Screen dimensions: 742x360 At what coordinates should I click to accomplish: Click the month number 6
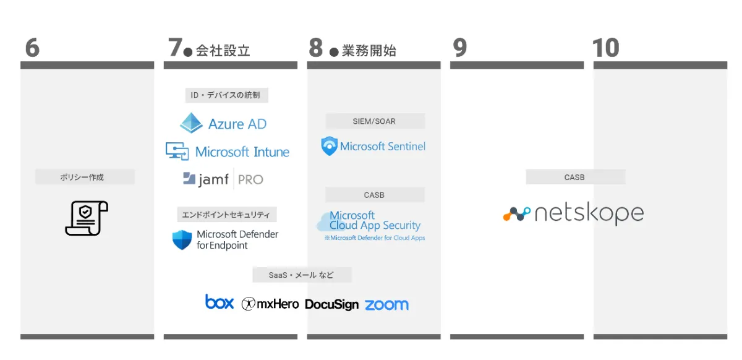[x=32, y=48]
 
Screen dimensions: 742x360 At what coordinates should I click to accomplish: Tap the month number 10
[x=605, y=48]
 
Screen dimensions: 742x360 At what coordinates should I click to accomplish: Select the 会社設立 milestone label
[x=223, y=51]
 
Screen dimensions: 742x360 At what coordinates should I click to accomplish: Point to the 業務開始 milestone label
[x=369, y=51]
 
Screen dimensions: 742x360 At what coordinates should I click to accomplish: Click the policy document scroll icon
[x=87, y=218]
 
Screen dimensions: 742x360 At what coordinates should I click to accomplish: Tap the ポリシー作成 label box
[x=85, y=177]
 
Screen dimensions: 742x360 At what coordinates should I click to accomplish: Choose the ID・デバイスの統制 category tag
[x=226, y=95]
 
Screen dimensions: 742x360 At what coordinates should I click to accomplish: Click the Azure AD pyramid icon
[x=191, y=123]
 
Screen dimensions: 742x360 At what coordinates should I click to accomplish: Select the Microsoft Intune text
[x=242, y=152]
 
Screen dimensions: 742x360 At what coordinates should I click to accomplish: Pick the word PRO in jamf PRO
[x=250, y=179]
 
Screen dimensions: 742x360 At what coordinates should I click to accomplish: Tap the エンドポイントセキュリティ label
[x=226, y=215]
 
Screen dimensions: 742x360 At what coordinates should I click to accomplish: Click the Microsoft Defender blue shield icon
[x=182, y=239]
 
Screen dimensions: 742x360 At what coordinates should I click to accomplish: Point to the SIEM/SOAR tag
[x=375, y=121]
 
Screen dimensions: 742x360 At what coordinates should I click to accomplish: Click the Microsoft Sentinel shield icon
[x=329, y=146]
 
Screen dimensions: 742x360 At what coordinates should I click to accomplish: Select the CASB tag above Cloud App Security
[x=375, y=195]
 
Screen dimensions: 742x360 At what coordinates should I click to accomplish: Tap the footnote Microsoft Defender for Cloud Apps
[x=375, y=238]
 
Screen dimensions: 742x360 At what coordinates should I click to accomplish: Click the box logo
[x=220, y=302]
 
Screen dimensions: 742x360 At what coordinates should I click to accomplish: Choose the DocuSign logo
[x=331, y=304]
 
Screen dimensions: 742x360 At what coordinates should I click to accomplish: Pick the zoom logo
[x=386, y=305]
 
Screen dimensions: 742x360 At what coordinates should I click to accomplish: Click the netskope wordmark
[x=589, y=213]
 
